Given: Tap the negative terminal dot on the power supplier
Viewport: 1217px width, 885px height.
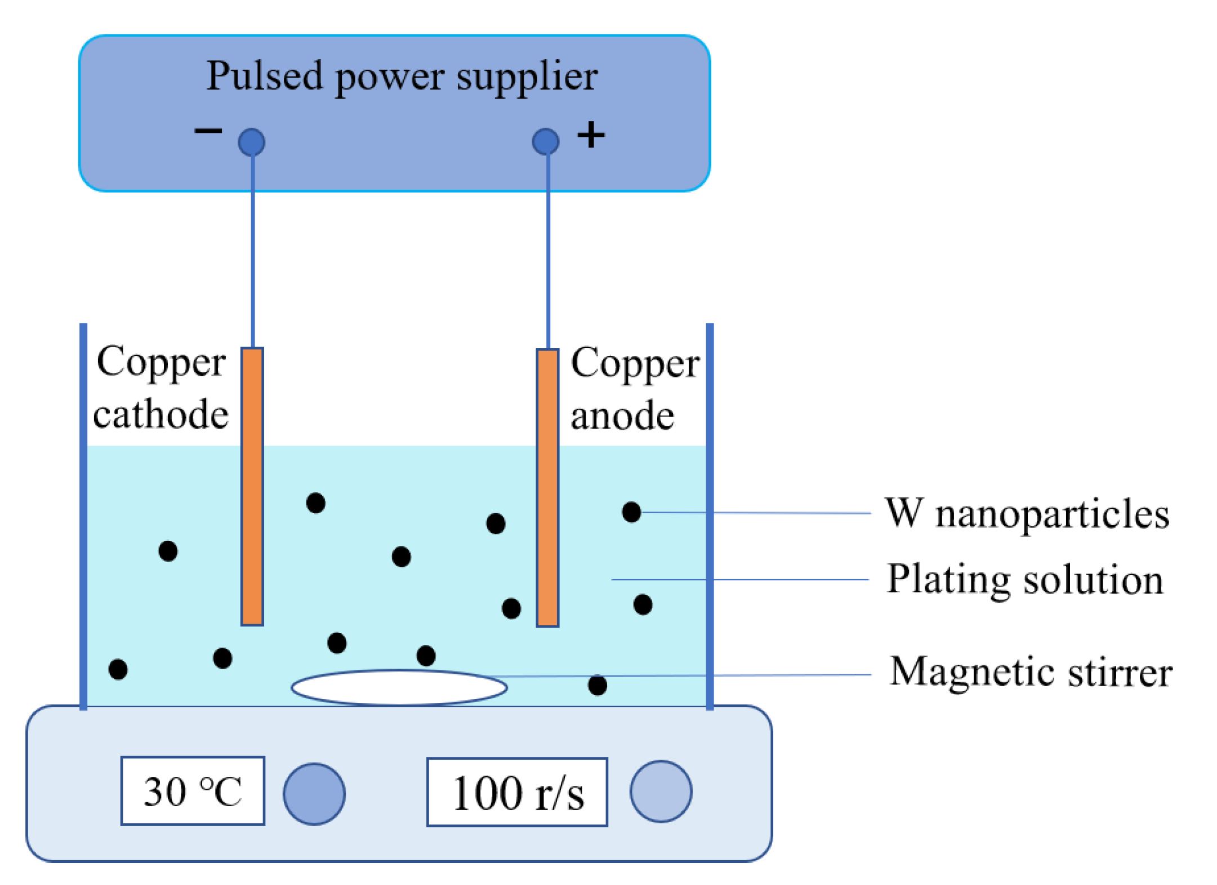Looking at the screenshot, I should click(251, 142).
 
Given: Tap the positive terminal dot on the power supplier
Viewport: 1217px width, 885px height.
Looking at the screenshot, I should click(545, 141).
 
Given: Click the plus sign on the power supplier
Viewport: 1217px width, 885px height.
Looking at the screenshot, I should click(591, 135).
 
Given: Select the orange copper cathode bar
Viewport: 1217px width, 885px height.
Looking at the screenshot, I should click(252, 486).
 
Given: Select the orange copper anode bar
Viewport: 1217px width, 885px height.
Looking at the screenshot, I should click(547, 487).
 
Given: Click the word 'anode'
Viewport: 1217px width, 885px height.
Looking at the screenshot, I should click(622, 416).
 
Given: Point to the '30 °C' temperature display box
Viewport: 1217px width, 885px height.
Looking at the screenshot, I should click(193, 790).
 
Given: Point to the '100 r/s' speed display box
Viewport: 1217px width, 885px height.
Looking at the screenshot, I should click(516, 791).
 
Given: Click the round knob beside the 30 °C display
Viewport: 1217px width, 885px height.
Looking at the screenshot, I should click(314, 793).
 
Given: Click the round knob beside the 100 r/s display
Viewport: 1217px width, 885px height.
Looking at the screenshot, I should click(660, 791).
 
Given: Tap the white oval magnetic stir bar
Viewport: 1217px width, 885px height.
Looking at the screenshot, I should click(399, 687).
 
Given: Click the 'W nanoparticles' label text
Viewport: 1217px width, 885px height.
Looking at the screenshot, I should click(1026, 513).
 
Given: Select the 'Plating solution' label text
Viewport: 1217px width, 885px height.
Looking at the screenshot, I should click(1024, 579).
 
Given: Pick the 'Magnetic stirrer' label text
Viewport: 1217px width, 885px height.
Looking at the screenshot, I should click(1030, 671).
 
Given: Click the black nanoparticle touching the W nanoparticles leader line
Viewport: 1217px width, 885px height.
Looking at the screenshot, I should click(631, 512).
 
